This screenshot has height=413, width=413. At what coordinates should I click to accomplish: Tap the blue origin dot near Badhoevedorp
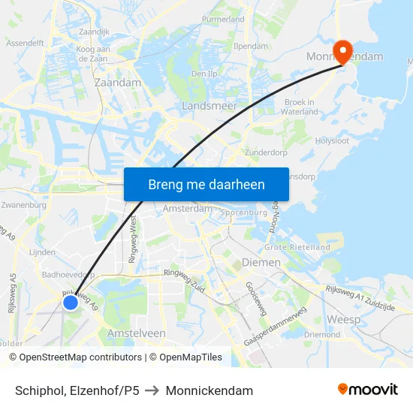tap(70, 302)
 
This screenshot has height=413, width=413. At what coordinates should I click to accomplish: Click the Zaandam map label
tap(118, 82)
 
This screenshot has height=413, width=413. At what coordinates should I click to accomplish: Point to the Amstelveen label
tap(136, 333)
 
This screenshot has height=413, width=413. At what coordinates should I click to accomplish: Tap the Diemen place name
tap(261, 263)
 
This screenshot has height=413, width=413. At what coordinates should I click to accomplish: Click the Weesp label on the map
tap(343, 319)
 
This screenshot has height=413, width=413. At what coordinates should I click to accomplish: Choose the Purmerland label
tap(223, 19)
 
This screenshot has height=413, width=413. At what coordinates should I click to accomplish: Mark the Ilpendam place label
tap(249, 46)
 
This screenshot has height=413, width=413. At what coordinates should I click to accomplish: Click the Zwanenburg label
tap(25, 204)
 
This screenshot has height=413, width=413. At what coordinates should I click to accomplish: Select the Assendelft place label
tap(25, 44)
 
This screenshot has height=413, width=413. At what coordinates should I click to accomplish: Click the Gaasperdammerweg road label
tap(275, 327)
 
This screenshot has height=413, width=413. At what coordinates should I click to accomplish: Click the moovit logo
tap(367, 390)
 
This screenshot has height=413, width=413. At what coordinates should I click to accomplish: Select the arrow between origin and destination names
tap(152, 390)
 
